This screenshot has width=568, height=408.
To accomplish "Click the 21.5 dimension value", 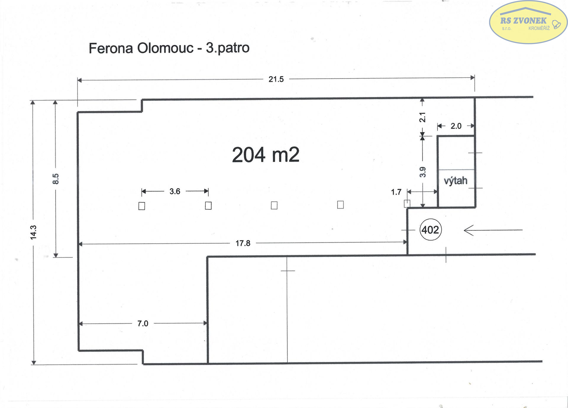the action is click(276, 79).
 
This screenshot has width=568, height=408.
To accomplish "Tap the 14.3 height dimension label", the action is click(33, 232).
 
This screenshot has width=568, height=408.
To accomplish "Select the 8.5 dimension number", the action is click(56, 179).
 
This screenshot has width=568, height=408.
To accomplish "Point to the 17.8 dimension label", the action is click(243, 243).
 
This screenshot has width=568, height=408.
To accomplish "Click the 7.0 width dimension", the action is click(143, 324).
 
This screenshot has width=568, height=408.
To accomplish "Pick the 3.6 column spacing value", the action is click(175, 191).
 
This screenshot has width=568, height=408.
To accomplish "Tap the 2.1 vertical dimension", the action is click(422, 117).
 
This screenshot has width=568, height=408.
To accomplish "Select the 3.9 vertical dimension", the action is click(423, 172).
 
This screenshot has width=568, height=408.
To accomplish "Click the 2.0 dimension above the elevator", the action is click(456, 126).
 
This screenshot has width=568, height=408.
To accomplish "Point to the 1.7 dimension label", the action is click(396, 192).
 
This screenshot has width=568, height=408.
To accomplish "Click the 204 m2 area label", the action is click(266, 155).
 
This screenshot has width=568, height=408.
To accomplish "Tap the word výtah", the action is click(456, 181).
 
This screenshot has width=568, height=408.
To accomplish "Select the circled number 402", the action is click(430, 230).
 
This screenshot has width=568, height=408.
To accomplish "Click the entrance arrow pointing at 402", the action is click(493, 230).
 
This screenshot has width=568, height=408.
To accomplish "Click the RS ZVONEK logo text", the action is click(523, 21).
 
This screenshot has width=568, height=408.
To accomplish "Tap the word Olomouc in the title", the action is click(165, 48).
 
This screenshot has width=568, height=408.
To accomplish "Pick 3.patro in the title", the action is click(227, 48).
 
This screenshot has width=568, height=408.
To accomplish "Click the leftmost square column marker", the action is click(142, 206).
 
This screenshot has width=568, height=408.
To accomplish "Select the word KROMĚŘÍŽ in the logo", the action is click(539, 28).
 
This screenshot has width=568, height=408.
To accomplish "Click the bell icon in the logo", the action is click(556, 24).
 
